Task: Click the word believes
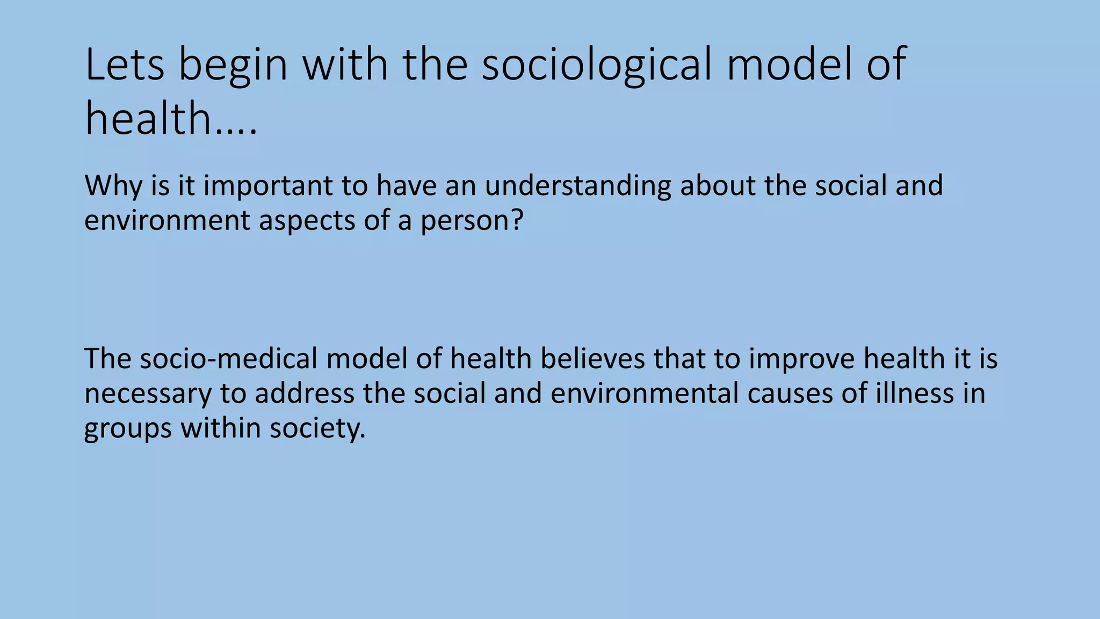click(x=592, y=359)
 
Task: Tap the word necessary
click(x=148, y=394)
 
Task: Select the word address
click(x=305, y=393)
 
